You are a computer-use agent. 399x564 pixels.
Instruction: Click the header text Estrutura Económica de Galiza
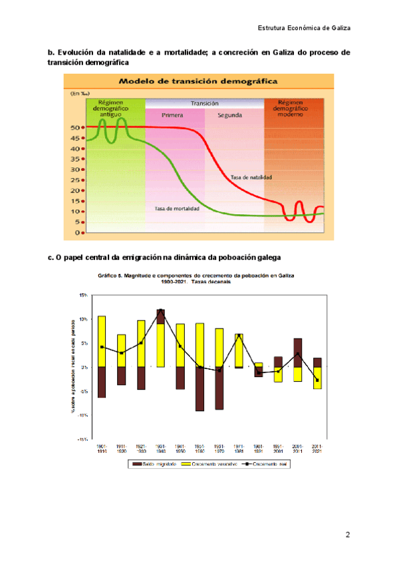click(304, 28)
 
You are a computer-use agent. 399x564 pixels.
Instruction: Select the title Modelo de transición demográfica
click(198, 81)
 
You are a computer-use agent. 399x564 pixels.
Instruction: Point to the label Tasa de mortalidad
click(177, 208)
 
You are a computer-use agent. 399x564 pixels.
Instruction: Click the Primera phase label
click(172, 114)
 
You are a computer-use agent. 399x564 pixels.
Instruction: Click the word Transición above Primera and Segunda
click(204, 104)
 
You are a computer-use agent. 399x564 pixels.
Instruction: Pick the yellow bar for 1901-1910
click(102, 341)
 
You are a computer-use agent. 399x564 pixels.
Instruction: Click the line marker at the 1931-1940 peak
click(161, 310)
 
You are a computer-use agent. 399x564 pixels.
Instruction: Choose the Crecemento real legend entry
click(259, 464)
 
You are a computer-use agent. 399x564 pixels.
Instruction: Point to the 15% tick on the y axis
click(83, 295)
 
